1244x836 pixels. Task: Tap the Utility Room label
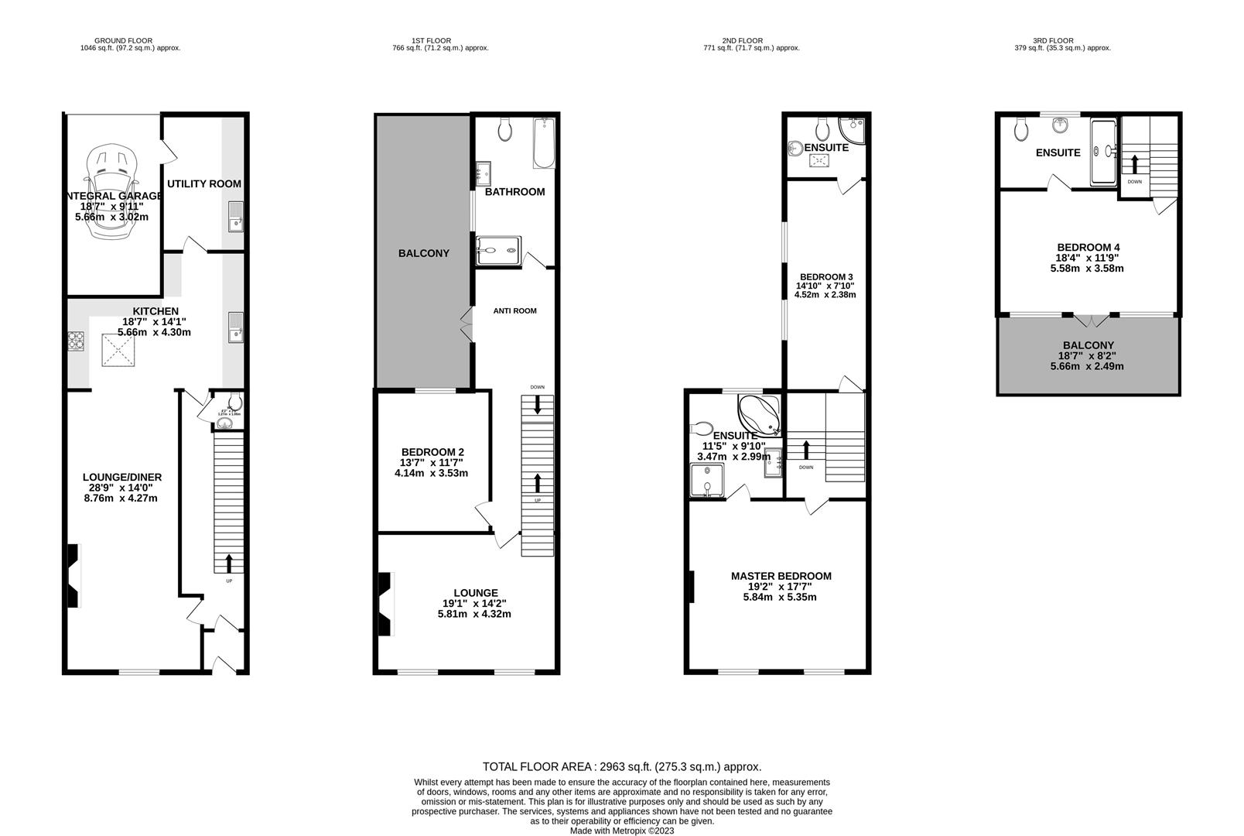(x=204, y=184)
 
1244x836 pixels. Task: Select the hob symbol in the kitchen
(x=77, y=341)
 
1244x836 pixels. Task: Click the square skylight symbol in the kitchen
(x=121, y=353)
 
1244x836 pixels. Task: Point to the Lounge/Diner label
(x=122, y=478)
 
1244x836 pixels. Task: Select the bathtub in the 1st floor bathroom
(x=544, y=143)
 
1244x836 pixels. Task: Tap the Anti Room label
(x=514, y=311)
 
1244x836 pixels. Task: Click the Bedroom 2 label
(x=432, y=452)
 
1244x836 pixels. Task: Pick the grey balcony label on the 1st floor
(x=423, y=254)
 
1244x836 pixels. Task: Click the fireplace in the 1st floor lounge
(x=384, y=605)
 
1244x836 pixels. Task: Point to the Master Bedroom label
(x=781, y=576)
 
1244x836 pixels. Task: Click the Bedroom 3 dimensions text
(x=825, y=290)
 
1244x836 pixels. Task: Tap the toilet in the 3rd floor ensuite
(x=1021, y=128)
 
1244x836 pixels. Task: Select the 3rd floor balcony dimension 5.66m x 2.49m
(x=1088, y=367)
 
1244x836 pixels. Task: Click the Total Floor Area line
(x=622, y=767)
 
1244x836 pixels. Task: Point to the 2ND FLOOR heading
(x=742, y=41)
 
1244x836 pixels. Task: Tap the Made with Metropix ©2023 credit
(x=622, y=831)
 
